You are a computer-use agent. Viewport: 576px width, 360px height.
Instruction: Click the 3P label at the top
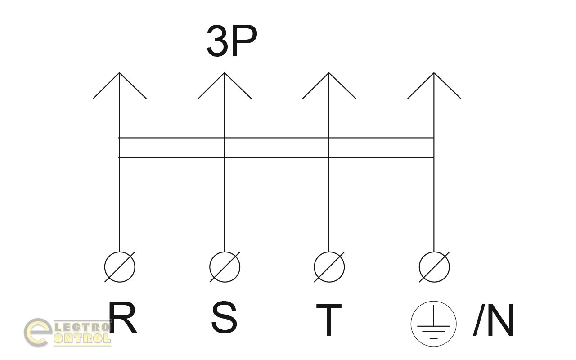232,41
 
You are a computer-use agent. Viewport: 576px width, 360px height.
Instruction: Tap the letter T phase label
328,320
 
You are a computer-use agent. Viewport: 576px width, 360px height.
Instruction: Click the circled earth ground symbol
433,324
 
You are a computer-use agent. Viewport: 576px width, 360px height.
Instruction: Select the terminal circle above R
120,267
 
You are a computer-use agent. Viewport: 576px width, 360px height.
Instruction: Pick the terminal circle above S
225,267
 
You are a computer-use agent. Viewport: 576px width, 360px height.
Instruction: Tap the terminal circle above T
329,267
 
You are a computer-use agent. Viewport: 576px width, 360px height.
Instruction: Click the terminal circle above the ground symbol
434,267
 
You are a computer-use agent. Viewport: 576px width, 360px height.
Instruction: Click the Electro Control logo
67,333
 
